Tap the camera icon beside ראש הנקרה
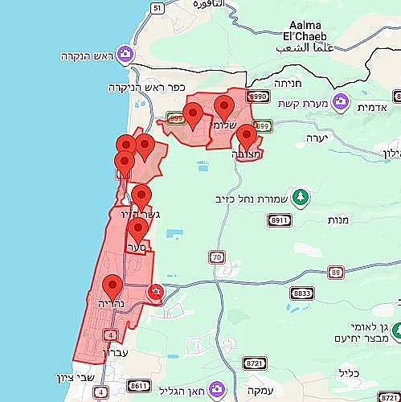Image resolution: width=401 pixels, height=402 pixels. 125,55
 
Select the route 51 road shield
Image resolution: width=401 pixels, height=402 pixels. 157,8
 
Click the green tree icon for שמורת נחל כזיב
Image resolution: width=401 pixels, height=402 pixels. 301,197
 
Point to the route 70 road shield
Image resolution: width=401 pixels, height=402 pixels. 217,257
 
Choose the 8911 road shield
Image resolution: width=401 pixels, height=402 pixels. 280,219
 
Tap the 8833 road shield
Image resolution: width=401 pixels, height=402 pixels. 301,293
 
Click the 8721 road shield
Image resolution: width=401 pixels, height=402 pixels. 255,363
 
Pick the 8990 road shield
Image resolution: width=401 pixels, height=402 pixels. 258,96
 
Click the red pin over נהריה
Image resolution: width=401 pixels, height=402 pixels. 113,287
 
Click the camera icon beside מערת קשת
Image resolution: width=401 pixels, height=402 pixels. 341,103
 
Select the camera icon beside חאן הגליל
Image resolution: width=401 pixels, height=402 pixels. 216,390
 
